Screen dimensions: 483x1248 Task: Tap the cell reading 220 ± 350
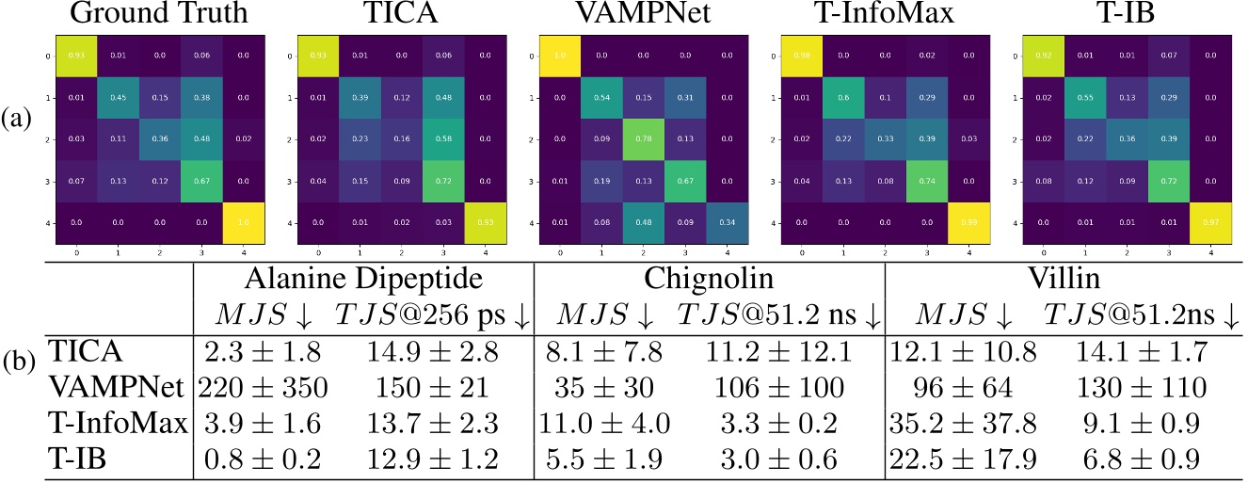click(264, 388)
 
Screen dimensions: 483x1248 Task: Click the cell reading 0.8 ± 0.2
click(264, 459)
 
